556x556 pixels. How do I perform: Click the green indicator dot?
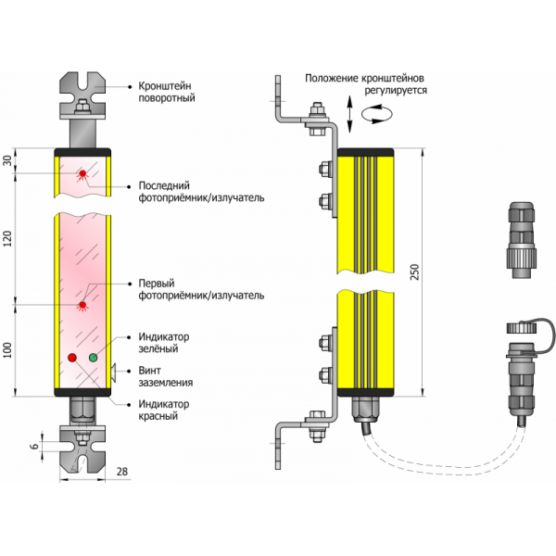93,357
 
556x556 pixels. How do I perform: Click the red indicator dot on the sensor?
72,357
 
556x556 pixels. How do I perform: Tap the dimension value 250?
416,269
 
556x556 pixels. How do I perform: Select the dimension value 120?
9,238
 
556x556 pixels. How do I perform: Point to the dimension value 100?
9,350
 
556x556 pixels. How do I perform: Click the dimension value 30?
9,160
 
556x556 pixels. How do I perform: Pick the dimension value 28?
122,474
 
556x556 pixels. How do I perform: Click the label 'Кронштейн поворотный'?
166,91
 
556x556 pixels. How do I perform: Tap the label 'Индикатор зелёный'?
163,342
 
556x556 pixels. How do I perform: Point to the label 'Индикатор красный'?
163,410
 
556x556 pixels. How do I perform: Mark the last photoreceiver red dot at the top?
82,172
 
